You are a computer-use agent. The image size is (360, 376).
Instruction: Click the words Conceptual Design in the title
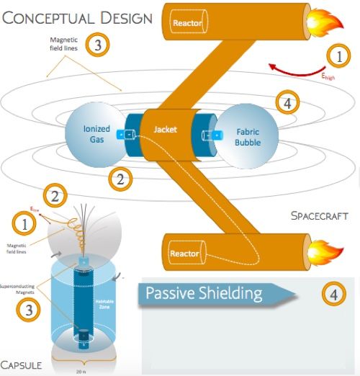(76, 17)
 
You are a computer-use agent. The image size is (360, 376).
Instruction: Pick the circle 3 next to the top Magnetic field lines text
(98, 45)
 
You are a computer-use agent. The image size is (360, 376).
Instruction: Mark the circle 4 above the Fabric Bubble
(288, 103)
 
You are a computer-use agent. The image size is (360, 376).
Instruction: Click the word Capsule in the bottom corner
(24, 363)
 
